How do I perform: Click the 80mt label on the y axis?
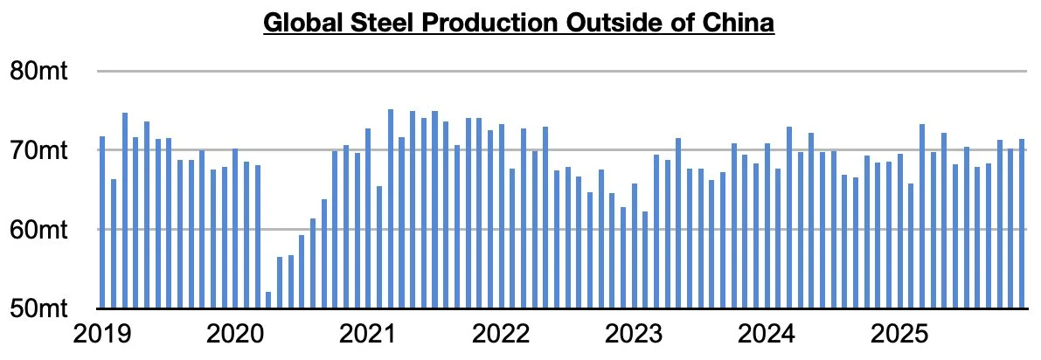[41, 71]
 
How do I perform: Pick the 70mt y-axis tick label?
[41, 150]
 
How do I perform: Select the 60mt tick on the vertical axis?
[41, 230]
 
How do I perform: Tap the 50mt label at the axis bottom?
[41, 308]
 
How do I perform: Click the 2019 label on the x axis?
[102, 334]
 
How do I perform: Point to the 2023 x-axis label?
[634, 334]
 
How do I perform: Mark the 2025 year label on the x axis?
[899, 334]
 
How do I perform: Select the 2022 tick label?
[501, 334]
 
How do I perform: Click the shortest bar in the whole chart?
[268, 300]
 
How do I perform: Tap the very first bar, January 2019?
[102, 222]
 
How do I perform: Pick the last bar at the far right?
[1021, 224]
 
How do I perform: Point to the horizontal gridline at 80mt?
[559, 72]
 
